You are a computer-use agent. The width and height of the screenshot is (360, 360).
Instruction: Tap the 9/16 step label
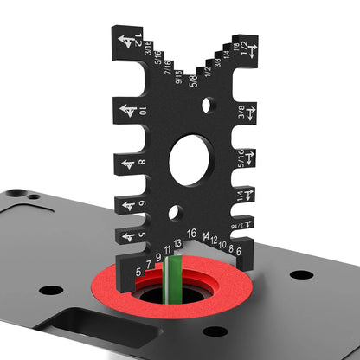178,77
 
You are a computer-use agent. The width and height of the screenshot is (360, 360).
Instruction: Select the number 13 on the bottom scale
177,243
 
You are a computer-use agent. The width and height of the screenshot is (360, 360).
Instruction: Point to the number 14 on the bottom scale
205,236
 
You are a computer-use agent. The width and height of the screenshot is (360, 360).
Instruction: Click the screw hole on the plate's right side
301,274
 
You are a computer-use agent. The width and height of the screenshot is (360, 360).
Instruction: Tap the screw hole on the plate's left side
51,290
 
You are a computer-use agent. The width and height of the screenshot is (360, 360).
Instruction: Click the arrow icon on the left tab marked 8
128,163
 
